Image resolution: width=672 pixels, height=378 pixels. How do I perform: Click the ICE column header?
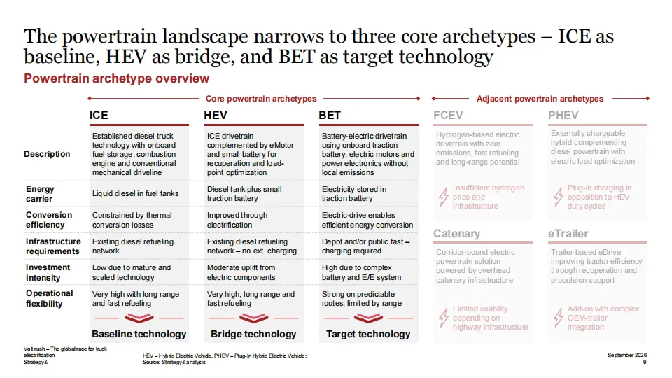pos(99,115)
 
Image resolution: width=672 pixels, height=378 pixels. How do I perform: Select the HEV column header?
pos(216,115)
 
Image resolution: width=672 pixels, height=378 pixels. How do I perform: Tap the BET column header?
pos(330,115)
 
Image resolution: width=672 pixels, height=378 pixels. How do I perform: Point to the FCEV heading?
pos(448,115)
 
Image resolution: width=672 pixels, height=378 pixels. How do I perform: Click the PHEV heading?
pos(563,115)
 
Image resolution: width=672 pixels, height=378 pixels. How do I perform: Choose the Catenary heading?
pos(457,234)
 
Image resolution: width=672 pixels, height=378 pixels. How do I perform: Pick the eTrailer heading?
pos(568,234)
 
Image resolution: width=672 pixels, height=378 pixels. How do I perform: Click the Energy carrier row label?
pos(40,194)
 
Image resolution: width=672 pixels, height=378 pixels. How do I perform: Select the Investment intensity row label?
pos(48,272)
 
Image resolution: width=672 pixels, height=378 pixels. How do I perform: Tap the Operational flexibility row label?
pos(49,298)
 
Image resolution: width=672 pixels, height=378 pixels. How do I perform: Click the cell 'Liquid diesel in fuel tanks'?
pos(135,193)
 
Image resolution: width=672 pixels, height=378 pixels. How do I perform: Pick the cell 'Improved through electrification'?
pos(237,220)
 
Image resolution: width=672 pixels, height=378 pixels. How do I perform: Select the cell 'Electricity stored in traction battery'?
pos(354,194)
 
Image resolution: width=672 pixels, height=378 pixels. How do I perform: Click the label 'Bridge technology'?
pos(253,334)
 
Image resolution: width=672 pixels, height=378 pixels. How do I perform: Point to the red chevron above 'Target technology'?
pos(369,318)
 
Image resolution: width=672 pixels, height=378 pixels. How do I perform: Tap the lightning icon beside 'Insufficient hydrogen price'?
pos(443,197)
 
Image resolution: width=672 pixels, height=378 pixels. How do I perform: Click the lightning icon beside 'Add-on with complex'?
pos(558,318)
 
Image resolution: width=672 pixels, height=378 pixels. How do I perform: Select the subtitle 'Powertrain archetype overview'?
pos(117,78)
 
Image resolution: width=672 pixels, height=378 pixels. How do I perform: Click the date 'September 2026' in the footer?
pos(627,356)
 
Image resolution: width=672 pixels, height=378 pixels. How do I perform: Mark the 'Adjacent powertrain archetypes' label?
pos(540,99)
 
